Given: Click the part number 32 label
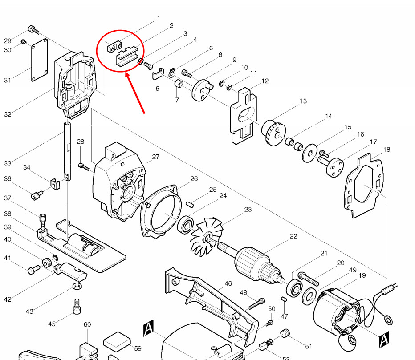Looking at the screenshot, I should click(x=8, y=114).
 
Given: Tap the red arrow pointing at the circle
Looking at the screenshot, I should click(x=135, y=94).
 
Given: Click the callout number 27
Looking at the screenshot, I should click(x=156, y=157).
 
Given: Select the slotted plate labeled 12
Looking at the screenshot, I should click(x=244, y=117).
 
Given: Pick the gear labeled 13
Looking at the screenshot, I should click(x=272, y=132).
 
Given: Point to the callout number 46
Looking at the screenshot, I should click(x=228, y=283).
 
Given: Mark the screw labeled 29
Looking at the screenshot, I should click(x=33, y=29).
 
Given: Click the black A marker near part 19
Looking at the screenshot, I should click(x=383, y=340).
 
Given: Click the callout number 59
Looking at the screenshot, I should click(x=138, y=349).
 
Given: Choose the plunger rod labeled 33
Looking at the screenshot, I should click(x=67, y=151).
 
